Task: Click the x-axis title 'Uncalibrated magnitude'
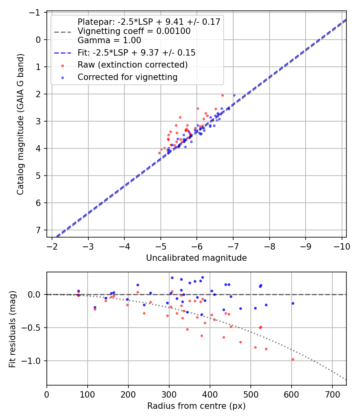click(x=196, y=258)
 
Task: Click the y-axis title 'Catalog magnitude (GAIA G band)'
click(x=20, y=124)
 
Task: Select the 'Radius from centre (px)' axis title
click(x=196, y=406)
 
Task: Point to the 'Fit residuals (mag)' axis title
click(x=12, y=328)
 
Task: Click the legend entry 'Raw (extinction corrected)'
click(x=132, y=64)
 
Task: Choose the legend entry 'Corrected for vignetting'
click(x=127, y=77)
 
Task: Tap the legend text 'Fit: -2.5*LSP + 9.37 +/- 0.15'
click(x=136, y=52)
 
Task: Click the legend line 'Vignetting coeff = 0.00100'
click(x=134, y=31)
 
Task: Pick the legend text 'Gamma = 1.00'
click(x=109, y=40)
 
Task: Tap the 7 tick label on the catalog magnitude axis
click(x=38, y=230)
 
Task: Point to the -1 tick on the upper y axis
click(x=36, y=12)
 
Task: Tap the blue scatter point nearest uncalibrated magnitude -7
click(x=234, y=95)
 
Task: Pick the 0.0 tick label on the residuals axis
click(x=36, y=294)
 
